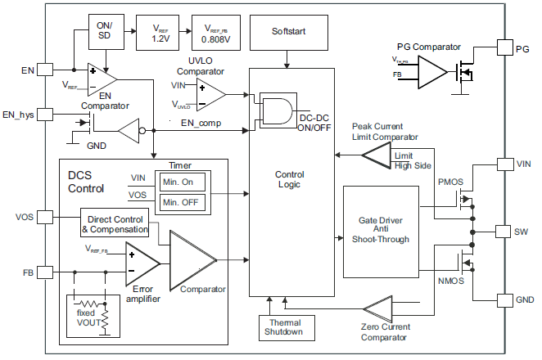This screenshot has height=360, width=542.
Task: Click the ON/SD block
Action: [105, 30]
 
